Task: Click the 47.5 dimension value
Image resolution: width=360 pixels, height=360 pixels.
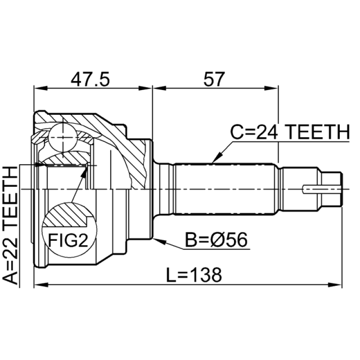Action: pos(90,79)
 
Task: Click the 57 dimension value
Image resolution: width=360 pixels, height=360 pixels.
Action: pos(213,79)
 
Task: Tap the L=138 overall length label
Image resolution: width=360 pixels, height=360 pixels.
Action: pos(194,275)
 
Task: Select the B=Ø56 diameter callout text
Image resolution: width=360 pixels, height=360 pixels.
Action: pos(216,239)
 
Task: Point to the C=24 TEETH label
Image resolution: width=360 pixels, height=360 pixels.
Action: pos(290,132)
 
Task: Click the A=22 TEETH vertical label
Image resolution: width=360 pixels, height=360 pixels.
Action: pos(10,225)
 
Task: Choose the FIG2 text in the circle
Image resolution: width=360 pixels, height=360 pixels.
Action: pos(68,240)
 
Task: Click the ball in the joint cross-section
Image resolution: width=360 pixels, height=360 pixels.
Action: pos(63,138)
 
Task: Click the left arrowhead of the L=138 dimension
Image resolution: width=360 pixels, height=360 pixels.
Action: pos(41,285)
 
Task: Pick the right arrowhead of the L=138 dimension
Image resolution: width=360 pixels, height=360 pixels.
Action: pos(335,285)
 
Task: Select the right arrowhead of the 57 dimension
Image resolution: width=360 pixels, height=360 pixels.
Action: pos(271,88)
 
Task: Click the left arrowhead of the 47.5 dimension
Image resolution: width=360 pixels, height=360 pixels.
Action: pos(41,88)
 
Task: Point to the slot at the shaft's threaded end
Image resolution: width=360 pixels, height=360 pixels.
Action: pos(322,189)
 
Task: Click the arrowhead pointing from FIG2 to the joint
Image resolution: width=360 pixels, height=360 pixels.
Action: pos(85,172)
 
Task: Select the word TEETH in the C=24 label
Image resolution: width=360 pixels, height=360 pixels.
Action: pos(318,132)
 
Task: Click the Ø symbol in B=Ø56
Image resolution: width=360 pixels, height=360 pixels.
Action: pos(217,239)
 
